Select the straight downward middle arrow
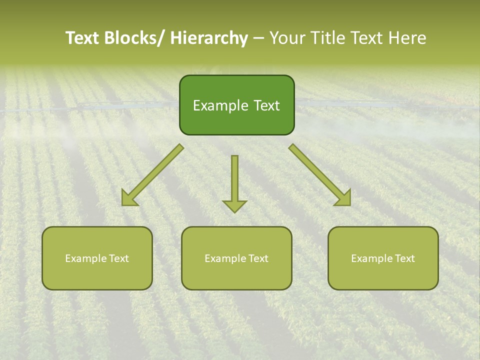click(x=235, y=180)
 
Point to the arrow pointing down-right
click(x=320, y=175)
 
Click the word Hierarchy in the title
click(x=209, y=38)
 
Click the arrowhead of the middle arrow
click(x=235, y=206)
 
